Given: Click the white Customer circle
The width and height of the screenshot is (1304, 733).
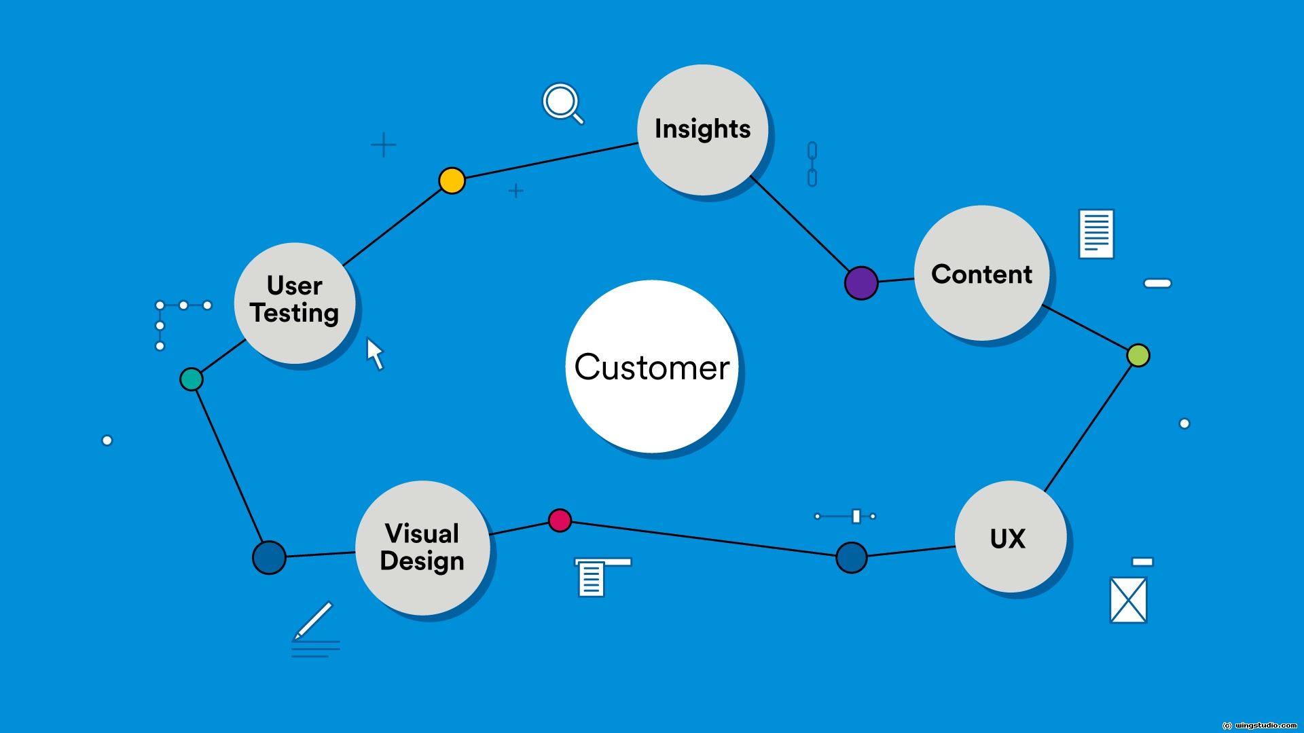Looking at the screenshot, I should pos(652,366).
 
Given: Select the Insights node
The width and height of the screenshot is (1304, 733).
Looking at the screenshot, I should pos(702,130).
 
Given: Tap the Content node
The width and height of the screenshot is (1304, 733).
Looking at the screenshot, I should pos(981,273).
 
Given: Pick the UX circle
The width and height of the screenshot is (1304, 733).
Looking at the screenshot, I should pos(1010,537).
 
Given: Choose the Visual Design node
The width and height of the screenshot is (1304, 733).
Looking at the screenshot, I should pos(422,548).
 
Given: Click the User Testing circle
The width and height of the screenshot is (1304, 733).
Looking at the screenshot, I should pos(294,303).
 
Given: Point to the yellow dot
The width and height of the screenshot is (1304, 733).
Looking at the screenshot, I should pos(452,181).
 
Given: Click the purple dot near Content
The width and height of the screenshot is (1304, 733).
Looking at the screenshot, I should pos(861,283).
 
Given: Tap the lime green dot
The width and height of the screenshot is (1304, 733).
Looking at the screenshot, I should pos(1138,355).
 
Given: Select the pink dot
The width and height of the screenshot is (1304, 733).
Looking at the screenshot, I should pos(560,521).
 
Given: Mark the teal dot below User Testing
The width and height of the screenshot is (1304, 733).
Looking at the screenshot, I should pos(191,379).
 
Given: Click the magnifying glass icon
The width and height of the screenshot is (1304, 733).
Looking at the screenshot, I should pos(562,103).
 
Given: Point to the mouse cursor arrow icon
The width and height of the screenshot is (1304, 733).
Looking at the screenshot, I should pos(375,354).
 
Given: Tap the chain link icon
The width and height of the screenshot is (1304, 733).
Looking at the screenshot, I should pos(812,164).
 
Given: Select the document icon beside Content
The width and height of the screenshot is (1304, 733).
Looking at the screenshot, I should pos(1096,233).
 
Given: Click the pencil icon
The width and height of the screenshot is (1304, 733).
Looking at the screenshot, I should pos(314,620).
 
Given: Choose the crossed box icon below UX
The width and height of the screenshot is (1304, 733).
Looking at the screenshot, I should pos(1128,599).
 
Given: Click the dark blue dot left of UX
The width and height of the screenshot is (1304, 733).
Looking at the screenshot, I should pos(851,557).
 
